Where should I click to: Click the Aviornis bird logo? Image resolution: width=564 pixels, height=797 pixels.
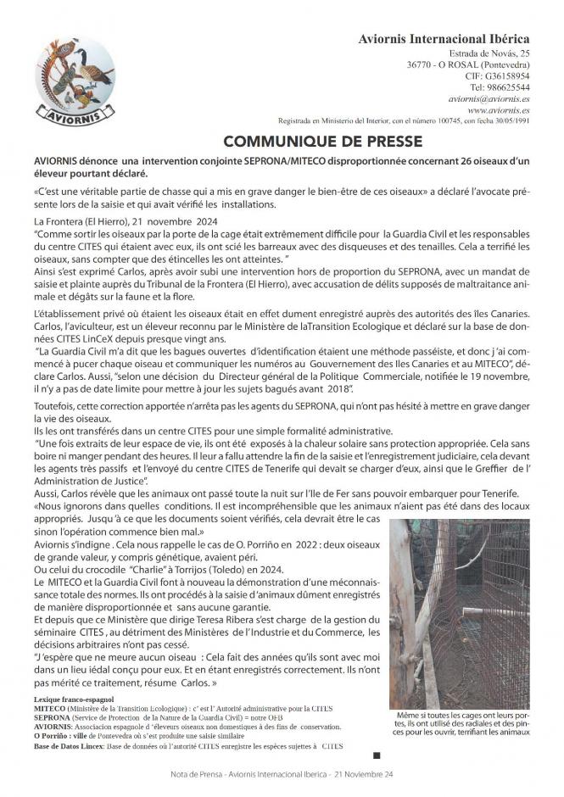coord(75,81)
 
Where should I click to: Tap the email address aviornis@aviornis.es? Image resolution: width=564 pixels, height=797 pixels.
coord(488,98)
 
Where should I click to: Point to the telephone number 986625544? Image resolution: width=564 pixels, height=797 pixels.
coord(500,87)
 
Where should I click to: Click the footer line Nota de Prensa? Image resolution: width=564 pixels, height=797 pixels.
coord(282,775)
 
